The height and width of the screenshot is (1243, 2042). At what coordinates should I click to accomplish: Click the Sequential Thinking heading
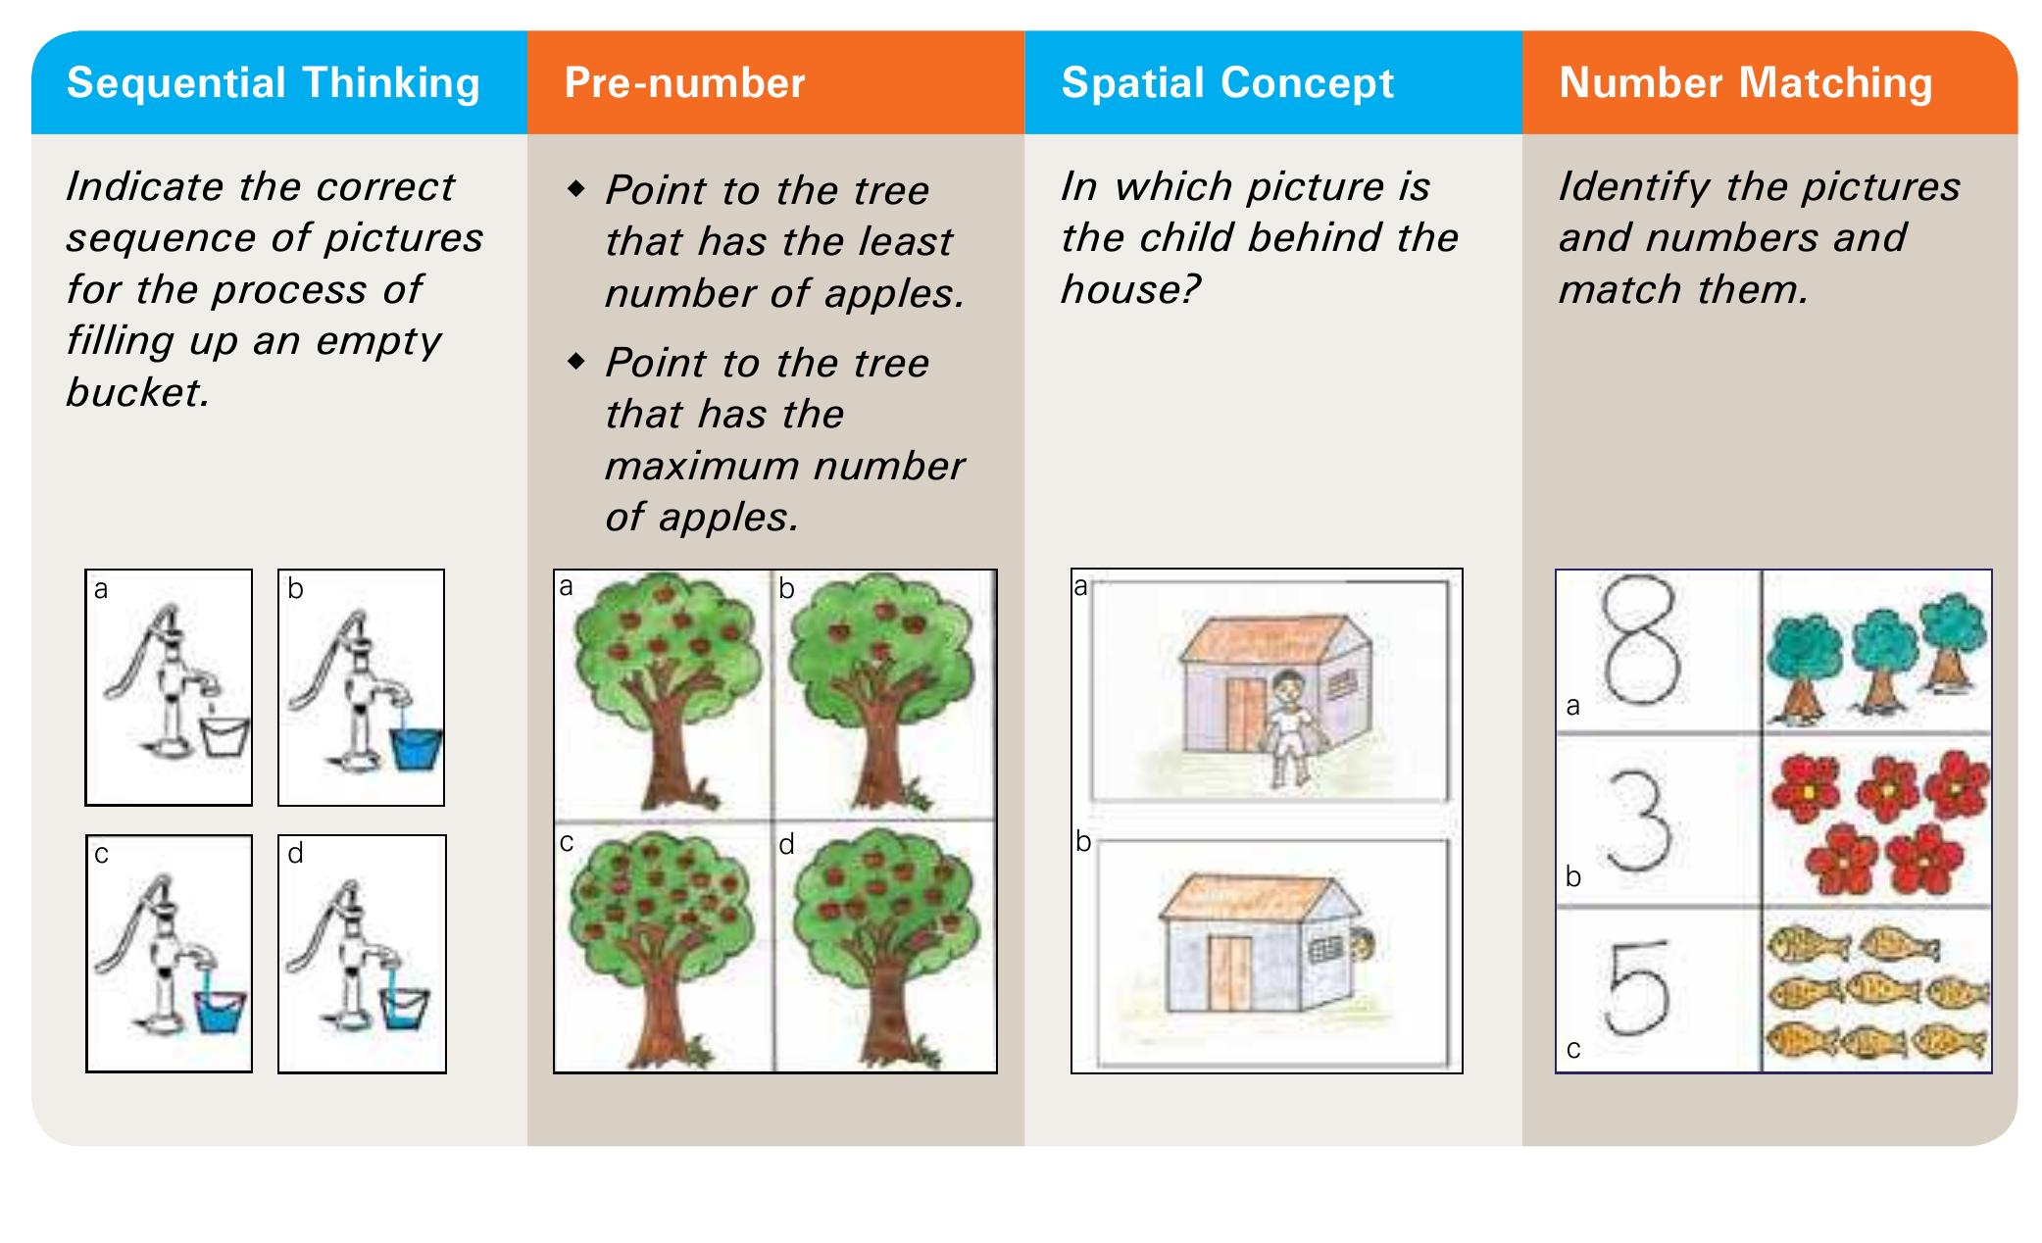[x=273, y=84]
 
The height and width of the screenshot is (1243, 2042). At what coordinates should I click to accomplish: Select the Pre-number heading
[x=684, y=83]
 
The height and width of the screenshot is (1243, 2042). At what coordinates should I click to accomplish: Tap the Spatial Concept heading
[x=1227, y=84]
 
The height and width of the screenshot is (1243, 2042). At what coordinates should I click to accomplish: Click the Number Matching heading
[x=1746, y=84]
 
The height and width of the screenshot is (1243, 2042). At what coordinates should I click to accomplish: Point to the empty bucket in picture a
[x=225, y=736]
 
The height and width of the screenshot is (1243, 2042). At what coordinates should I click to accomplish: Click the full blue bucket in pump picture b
[x=417, y=749]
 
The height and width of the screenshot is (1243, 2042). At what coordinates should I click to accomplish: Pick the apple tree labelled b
[x=882, y=692]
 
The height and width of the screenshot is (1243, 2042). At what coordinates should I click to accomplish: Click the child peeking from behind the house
[x=1362, y=946]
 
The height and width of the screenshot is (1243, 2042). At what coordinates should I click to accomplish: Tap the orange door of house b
[x=1229, y=972]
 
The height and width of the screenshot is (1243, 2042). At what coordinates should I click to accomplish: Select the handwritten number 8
[x=1639, y=639]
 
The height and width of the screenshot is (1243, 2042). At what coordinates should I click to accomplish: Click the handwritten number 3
[x=1639, y=821]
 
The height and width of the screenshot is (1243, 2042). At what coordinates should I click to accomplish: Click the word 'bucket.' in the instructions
[x=138, y=393]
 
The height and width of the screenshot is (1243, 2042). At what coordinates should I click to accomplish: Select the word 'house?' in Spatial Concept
[x=1130, y=290]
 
